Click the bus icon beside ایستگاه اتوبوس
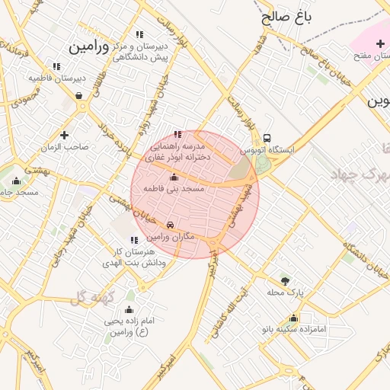tap(267, 138)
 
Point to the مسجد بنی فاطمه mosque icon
tap(174, 177)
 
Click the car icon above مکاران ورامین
tap(170, 225)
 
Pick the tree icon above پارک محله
tap(286, 280)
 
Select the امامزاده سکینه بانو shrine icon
tap(293, 318)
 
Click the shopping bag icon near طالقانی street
tap(79, 96)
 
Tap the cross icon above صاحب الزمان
tap(65, 135)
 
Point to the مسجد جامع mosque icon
tap(17, 181)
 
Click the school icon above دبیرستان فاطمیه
tap(56, 66)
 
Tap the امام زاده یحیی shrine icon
tap(128, 309)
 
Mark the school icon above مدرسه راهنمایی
tap(178, 133)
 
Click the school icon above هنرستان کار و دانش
tap(135, 240)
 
